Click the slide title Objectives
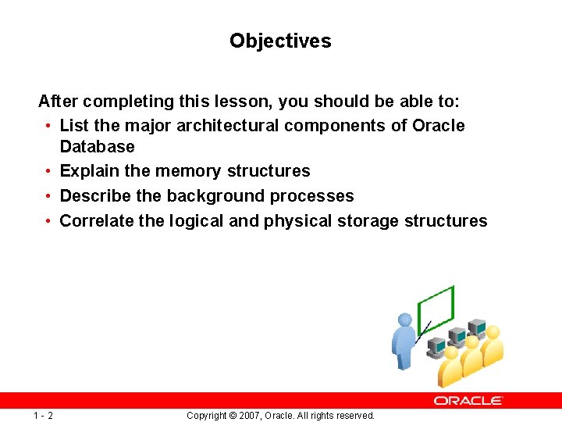[280, 41]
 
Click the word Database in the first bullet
[97, 147]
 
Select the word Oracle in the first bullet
[438, 126]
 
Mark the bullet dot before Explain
[48, 171]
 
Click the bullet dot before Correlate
[48, 221]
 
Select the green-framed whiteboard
[437, 310]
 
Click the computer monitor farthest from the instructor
[476, 327]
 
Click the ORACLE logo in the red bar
[468, 400]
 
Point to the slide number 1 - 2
[43, 415]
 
